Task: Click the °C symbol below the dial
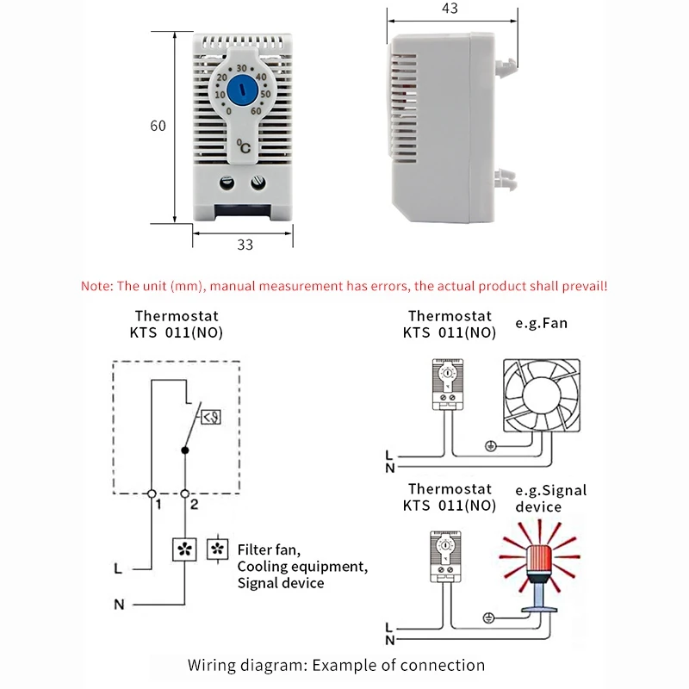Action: pyautogui.click(x=245, y=147)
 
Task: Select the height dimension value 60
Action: pyautogui.click(x=158, y=126)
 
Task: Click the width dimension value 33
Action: pyautogui.click(x=245, y=245)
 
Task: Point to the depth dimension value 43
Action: pyautogui.click(x=449, y=9)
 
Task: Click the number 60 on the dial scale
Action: pyautogui.click(x=256, y=109)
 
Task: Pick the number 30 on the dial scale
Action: pyautogui.click(x=242, y=68)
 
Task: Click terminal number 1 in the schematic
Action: pyautogui.click(x=158, y=506)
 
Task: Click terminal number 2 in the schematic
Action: pyautogui.click(x=195, y=506)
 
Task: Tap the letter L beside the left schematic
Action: pyautogui.click(x=118, y=568)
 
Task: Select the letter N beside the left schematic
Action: pyautogui.click(x=119, y=604)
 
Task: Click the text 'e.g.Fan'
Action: pyautogui.click(x=542, y=324)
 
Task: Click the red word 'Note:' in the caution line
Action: pyautogui.click(x=102, y=286)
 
